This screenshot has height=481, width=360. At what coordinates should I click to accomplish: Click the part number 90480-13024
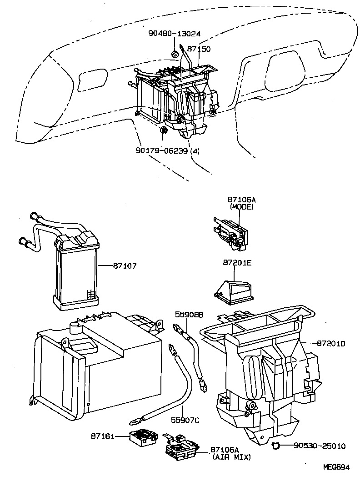(x=174, y=34)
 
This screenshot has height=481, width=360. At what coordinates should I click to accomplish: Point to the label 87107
(x=124, y=265)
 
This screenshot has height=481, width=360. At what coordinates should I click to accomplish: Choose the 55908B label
(x=190, y=315)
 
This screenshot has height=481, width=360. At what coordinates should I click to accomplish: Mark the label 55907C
(x=186, y=420)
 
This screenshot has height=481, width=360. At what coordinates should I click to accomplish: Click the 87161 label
(x=102, y=436)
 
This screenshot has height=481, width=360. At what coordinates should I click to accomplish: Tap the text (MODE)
(x=241, y=206)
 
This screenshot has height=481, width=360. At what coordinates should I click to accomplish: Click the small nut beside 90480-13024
(x=175, y=55)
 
